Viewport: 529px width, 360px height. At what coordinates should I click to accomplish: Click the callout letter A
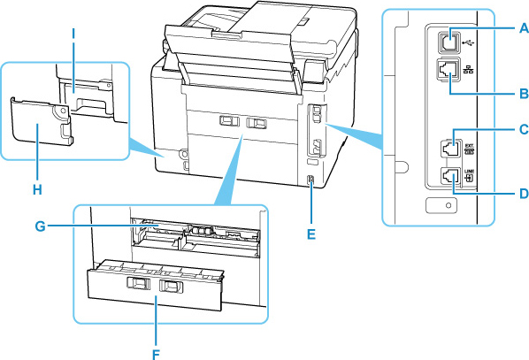point(524,28)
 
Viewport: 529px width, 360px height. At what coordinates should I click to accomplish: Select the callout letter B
point(524,92)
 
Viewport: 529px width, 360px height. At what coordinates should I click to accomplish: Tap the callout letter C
point(524,129)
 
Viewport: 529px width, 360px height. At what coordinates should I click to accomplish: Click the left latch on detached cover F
point(138,284)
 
